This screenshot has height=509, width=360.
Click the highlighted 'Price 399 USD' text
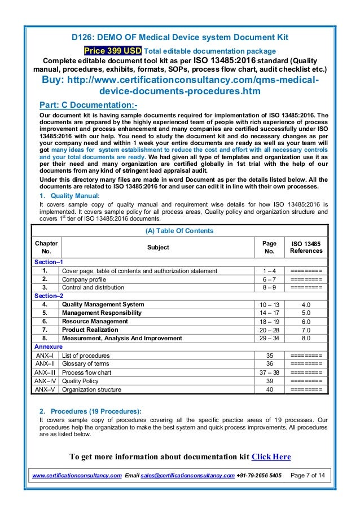click(113, 50)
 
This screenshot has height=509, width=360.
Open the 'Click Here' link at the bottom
click(270, 457)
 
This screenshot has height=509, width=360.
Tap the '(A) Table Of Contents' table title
click(180, 230)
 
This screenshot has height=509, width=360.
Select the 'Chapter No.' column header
click(45, 247)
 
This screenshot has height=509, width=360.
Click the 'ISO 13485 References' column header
click(306, 247)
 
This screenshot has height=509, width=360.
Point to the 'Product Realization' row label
click(90, 330)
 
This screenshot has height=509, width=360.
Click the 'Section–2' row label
click(49, 296)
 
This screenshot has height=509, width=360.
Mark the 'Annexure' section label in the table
click(48, 346)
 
